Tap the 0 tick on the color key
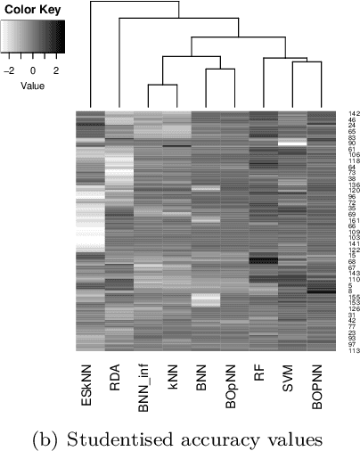(33, 68)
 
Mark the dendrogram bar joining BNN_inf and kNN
(161, 85)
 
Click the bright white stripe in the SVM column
(291, 143)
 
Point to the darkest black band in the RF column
(263, 260)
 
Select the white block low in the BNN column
(205, 301)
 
